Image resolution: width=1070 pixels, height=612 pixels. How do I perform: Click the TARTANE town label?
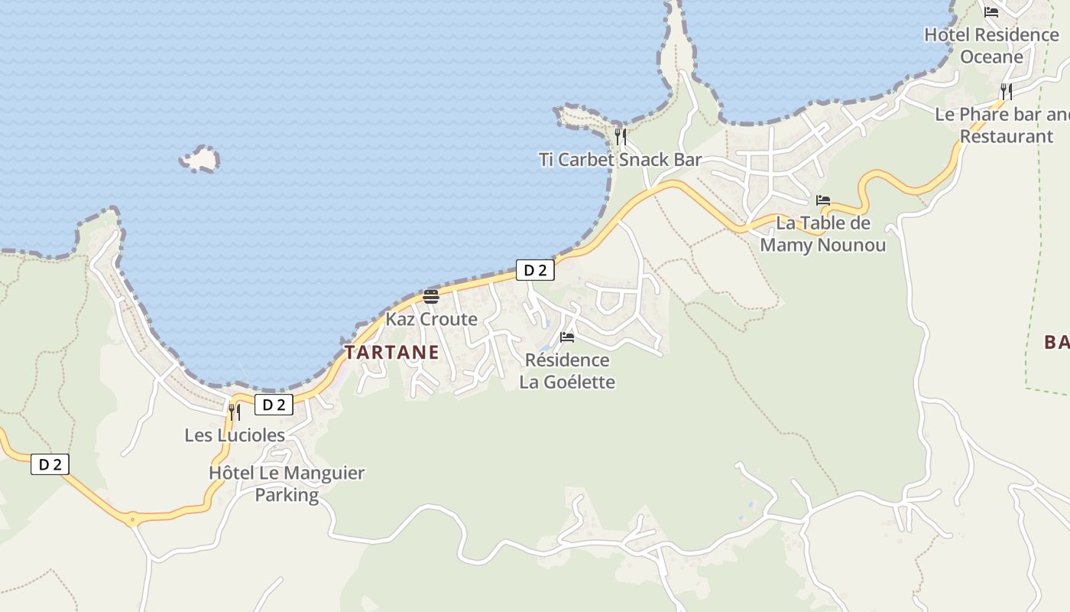tap(391, 353)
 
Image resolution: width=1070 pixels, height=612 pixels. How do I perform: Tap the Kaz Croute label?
tap(431, 319)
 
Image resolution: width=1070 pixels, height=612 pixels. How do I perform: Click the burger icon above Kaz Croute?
tap(431, 297)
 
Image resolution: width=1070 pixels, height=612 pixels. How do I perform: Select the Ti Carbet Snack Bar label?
tap(620, 160)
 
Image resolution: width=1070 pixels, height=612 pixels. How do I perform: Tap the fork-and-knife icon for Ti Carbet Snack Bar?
tap(621, 137)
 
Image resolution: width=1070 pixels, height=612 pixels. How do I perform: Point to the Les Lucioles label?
tap(235, 435)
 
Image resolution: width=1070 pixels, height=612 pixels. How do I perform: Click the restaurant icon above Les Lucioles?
tap(235, 412)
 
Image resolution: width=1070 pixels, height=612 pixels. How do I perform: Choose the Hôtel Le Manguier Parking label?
tap(287, 483)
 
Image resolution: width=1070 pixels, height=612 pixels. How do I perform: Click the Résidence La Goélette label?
tap(567, 370)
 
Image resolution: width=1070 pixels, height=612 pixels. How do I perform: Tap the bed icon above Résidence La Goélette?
tap(567, 337)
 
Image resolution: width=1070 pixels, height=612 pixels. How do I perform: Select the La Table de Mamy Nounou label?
tap(822, 234)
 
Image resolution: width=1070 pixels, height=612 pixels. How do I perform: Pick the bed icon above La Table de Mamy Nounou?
tap(823, 200)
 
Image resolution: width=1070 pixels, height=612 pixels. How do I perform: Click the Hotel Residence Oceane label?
tap(991, 45)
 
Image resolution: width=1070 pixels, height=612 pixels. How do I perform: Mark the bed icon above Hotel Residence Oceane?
tap(991, 11)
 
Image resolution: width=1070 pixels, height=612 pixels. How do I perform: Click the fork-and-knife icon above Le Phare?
tap(1007, 92)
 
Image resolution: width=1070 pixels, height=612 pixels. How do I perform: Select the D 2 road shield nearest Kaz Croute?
tap(535, 270)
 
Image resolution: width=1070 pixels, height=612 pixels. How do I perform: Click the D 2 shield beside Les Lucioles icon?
tap(274, 405)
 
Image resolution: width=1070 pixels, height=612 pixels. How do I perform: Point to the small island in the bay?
tap(200, 159)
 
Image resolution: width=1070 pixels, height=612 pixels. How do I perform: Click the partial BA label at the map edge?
tap(1057, 342)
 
